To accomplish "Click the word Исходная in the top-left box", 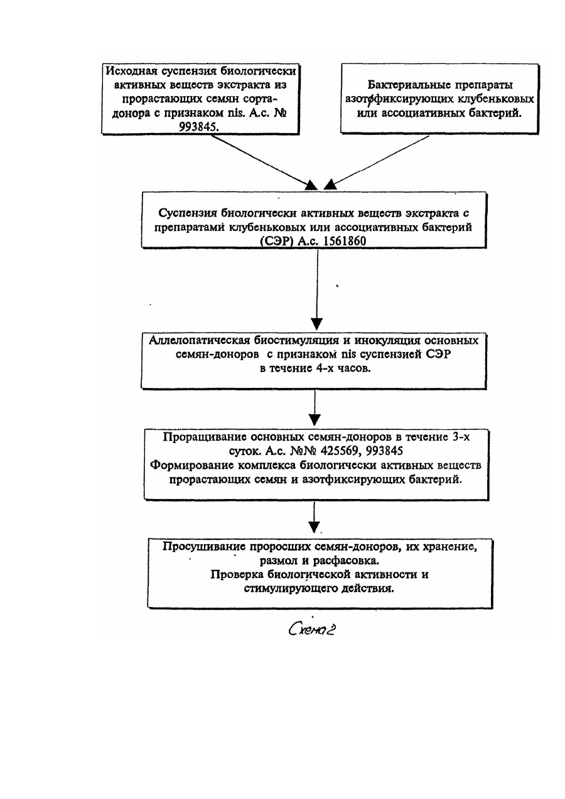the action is [132, 71].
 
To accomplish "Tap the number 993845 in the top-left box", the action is [198, 127].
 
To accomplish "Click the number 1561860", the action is [345, 242].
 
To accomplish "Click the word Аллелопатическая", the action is [200, 340].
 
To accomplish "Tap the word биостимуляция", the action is [296, 340].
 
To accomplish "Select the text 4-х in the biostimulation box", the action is [324, 368].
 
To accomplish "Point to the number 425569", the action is [339, 451].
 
